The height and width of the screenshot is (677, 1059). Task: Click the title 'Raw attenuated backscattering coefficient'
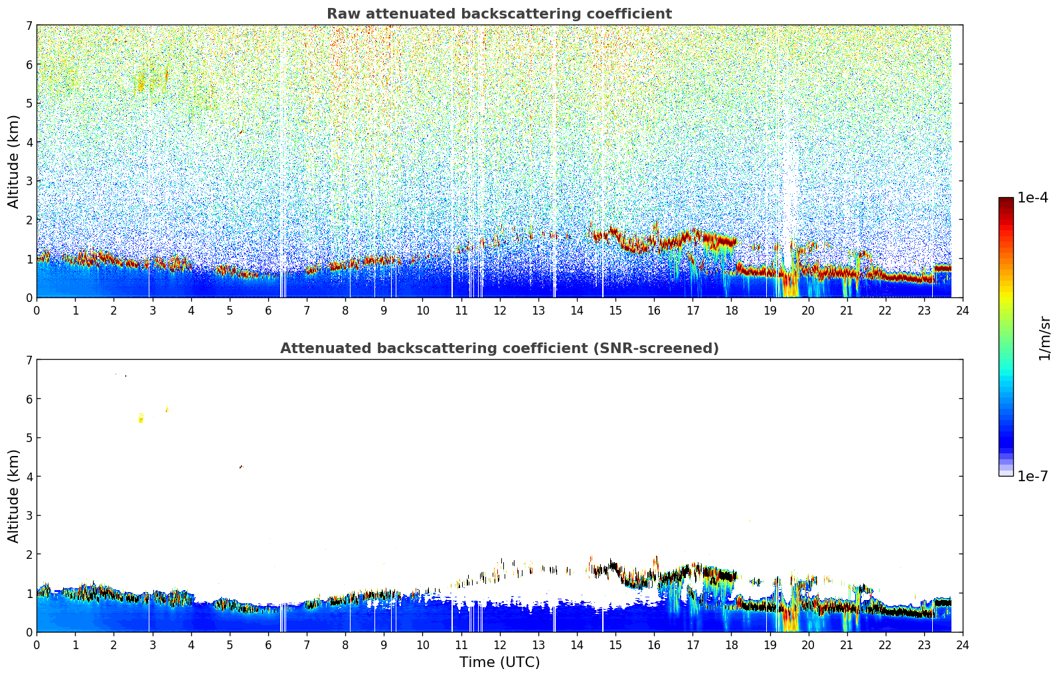499,14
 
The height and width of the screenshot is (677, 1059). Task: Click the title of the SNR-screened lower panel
499,348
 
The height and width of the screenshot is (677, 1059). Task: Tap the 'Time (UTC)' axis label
499,662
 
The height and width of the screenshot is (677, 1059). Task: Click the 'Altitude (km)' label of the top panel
13,161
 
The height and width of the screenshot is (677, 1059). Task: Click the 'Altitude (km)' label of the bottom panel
13,496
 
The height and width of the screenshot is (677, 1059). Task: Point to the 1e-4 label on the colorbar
1032,198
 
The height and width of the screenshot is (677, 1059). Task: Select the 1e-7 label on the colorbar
1032,477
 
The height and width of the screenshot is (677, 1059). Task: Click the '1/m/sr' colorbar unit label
1044,338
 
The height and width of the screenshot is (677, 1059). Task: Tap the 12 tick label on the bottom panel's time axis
499,644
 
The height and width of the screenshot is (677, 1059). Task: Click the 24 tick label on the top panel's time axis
962,310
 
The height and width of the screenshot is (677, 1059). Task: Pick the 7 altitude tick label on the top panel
29,26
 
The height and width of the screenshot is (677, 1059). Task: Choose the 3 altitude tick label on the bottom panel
29,515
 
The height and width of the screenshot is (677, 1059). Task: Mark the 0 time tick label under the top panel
37,310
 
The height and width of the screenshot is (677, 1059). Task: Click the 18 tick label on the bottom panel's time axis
731,644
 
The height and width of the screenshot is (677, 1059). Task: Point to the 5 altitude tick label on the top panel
29,104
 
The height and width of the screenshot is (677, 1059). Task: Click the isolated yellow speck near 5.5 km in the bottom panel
141,419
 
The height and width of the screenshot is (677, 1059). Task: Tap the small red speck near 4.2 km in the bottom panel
241,467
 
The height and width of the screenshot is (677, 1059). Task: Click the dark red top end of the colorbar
1005,200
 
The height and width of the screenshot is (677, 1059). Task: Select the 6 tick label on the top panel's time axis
268,310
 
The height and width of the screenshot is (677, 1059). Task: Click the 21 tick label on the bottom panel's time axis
847,644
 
